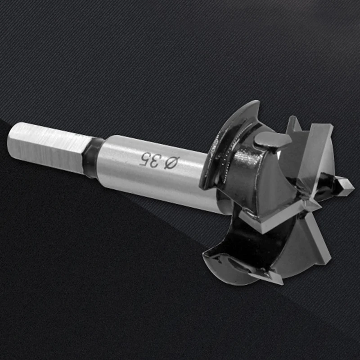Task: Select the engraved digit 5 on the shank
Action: pos(144,159)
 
